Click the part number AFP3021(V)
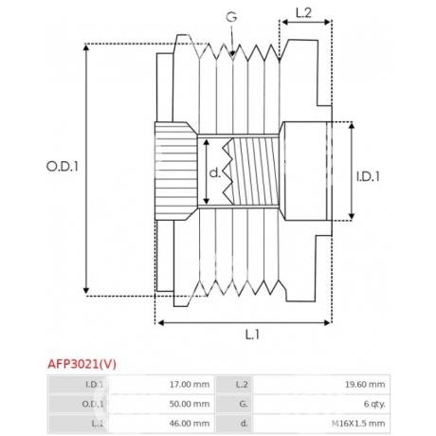[82, 364]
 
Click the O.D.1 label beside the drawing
[63, 167]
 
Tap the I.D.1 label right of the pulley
[368, 176]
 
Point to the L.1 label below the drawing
[252, 335]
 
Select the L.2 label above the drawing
[303, 12]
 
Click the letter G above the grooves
[231, 17]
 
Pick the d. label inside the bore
[215, 173]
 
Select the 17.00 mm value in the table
[190, 385]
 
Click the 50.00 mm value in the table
[190, 404]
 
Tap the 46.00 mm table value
[190, 424]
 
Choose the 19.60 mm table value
[365, 385]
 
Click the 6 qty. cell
[374, 404]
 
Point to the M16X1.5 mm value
[358, 424]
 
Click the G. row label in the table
[244, 404]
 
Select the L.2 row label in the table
[242, 385]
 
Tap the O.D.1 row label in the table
[93, 404]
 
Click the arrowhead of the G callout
[232, 54]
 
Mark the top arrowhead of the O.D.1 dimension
[86, 47]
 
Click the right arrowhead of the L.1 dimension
[327, 322]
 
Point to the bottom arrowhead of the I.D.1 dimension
[352, 216]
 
